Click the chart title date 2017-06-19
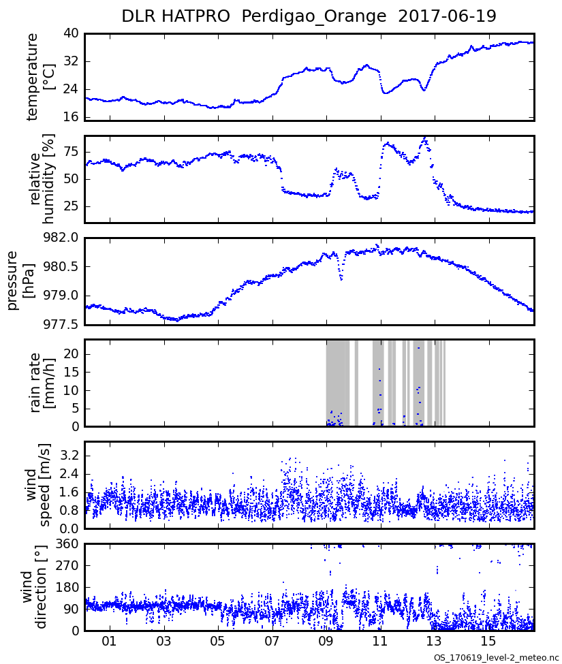[448, 16]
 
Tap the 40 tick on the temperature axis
[71, 33]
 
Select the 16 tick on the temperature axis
[71, 117]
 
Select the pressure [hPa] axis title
[20, 281]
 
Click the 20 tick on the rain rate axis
[71, 354]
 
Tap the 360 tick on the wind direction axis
[67, 543]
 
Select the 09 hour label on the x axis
[326, 642]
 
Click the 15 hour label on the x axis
[488, 642]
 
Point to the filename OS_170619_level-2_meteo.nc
[496, 659]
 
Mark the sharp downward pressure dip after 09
[341, 279]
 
